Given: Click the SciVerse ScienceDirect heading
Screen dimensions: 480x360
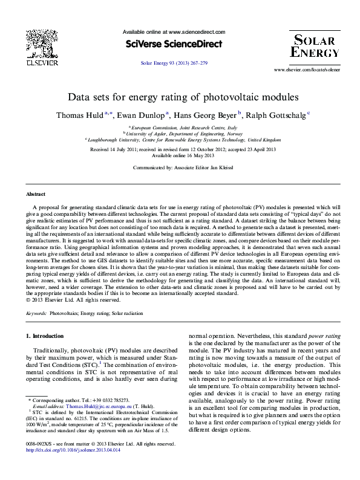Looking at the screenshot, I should pos(174,44).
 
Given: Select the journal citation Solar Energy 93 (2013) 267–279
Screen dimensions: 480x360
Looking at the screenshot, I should pos(174,63).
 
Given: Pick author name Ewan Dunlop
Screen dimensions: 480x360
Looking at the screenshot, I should pos(143,114).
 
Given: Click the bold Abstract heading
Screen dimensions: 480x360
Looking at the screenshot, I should pos(36,195).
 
